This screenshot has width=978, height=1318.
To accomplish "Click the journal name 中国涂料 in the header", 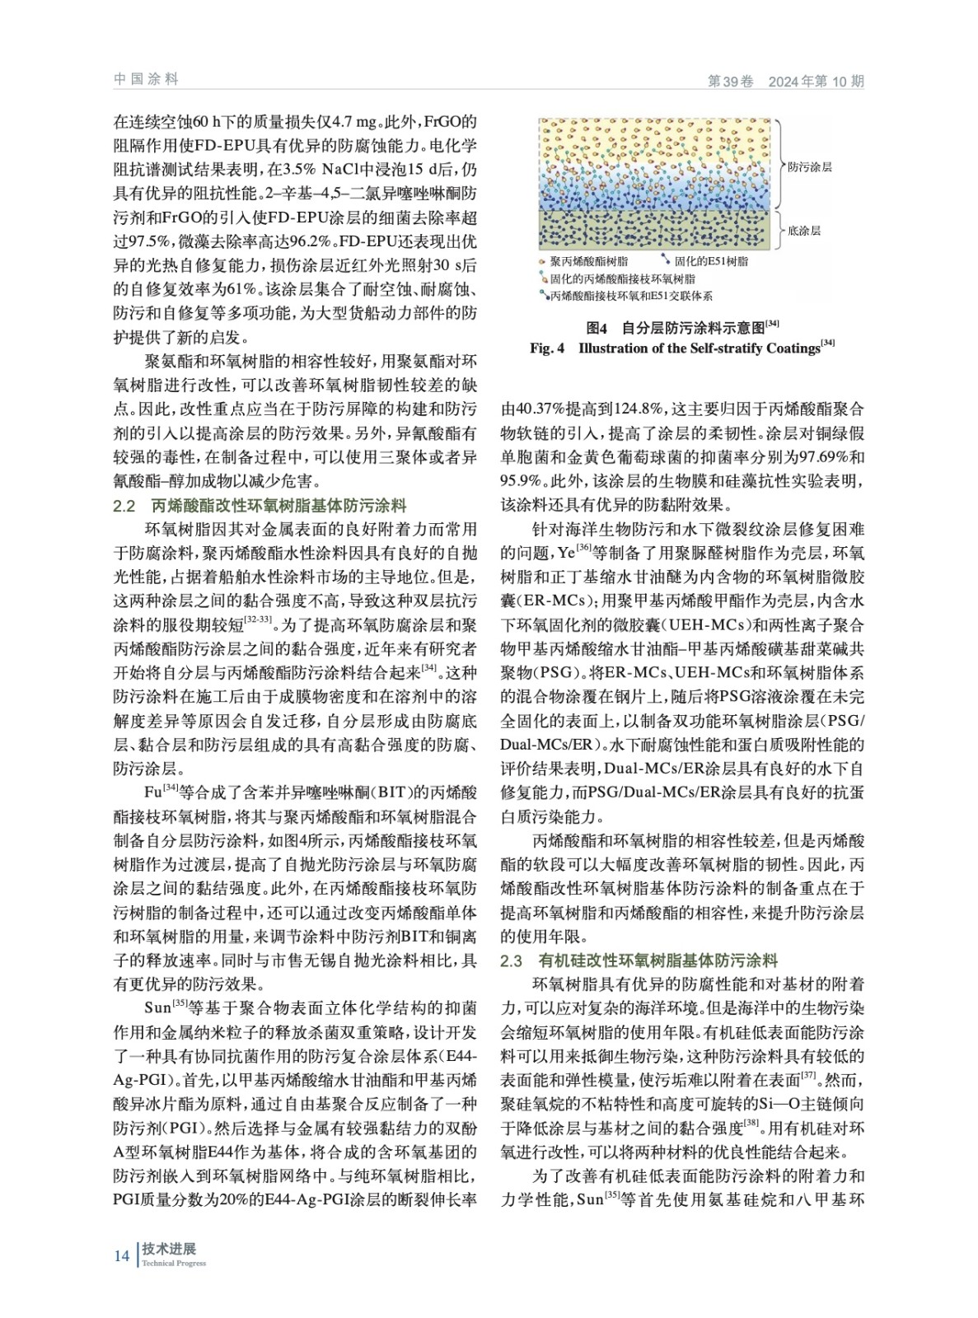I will click(146, 79).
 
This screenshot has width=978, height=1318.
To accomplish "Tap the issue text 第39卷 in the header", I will click(731, 82).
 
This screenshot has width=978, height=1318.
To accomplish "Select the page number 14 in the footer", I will click(121, 1255).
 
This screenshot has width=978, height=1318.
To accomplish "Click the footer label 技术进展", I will click(169, 1249).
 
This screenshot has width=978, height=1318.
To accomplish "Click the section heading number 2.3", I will click(512, 960).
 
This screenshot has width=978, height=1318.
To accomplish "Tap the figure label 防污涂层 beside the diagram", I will click(809, 166).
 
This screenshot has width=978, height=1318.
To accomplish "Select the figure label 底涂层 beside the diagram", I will click(804, 231).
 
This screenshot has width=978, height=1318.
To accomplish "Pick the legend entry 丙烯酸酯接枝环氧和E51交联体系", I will click(631, 295).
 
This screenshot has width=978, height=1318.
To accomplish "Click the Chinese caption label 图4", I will click(596, 326).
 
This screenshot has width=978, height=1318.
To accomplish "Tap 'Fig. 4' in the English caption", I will click(547, 348).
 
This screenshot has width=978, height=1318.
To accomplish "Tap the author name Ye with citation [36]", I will click(566, 552).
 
